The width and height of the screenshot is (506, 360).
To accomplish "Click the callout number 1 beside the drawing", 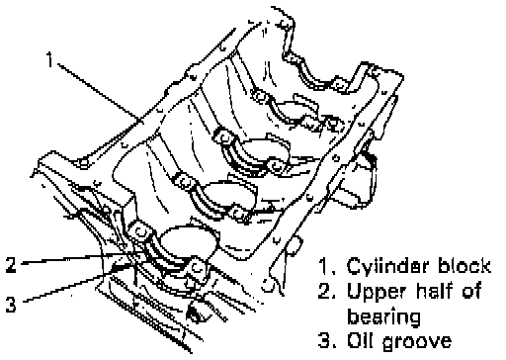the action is (49, 59).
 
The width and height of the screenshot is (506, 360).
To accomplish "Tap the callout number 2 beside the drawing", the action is (11, 264).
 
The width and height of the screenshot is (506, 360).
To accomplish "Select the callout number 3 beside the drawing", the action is (11, 304).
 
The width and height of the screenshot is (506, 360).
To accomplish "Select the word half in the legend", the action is (433, 291).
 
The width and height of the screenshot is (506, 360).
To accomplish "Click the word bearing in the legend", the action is (383, 317).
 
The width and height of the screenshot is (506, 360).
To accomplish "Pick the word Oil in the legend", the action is (361, 340).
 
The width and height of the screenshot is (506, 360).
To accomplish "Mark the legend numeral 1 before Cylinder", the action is (326, 266).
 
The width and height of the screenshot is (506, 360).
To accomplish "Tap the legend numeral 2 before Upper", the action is (326, 291).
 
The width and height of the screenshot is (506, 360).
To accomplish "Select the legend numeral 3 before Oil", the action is (326, 341).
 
